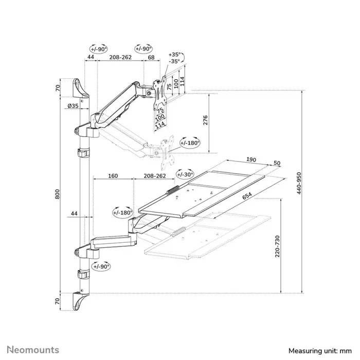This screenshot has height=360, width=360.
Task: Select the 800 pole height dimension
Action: pos(58,194)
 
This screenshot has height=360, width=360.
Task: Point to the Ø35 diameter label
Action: pos(73,106)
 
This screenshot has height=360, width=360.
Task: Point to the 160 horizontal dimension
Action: pos(113,176)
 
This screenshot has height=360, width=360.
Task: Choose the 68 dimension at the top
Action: pos(151,58)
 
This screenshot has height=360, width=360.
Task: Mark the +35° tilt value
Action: pos(175,53)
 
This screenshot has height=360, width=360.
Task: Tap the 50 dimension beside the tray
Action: pos(277,163)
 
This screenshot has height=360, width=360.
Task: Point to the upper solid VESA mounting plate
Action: pos(161,93)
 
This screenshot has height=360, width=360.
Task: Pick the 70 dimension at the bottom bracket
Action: pos(58,300)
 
